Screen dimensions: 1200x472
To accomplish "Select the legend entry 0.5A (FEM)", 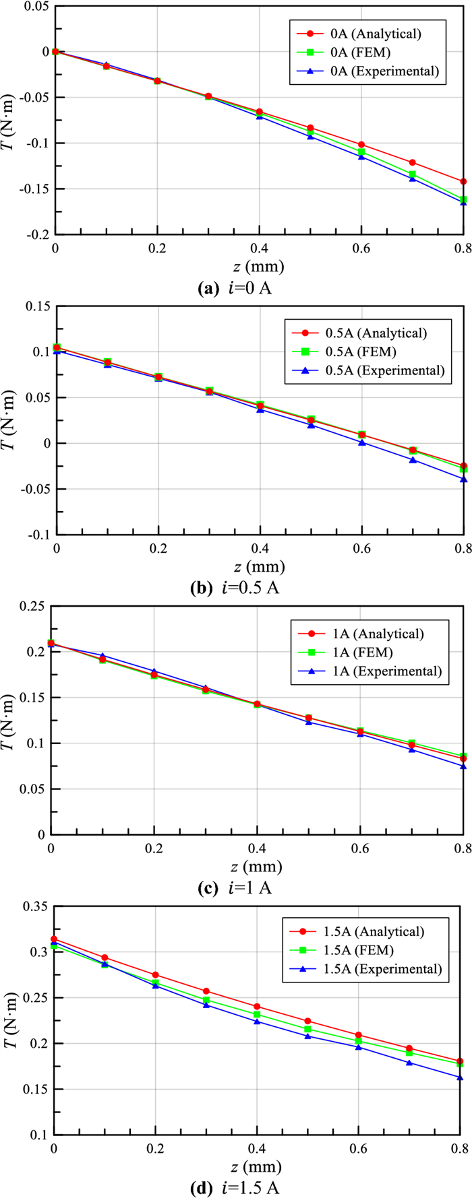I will pyautogui.click(x=365, y=352).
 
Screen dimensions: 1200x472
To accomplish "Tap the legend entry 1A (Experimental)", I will pyautogui.click(x=363, y=671).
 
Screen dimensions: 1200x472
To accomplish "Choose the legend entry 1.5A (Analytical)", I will pyautogui.click(x=364, y=931).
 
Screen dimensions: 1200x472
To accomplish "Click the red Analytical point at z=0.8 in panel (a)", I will pyautogui.click(x=463, y=181).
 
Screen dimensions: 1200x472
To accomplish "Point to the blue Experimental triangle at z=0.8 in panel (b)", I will pyautogui.click(x=463, y=479).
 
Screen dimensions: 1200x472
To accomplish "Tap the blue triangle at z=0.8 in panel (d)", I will pyautogui.click(x=460, y=1077).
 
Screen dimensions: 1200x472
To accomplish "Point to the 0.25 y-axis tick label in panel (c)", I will pyautogui.click(x=30, y=606).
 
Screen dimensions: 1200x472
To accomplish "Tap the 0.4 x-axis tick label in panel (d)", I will pyautogui.click(x=256, y=1146).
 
